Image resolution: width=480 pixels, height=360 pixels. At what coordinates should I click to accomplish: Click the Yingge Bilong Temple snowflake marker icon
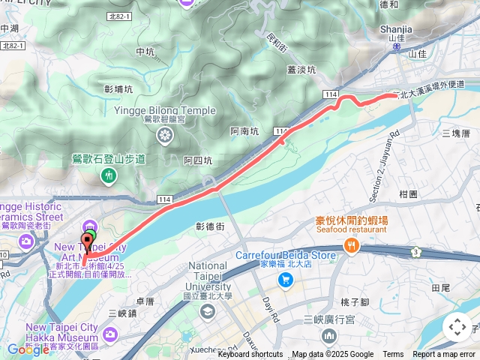[164, 135]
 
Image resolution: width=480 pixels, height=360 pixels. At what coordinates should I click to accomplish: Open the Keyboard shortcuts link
[250, 355]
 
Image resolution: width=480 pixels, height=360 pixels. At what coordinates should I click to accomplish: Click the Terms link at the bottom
[393, 355]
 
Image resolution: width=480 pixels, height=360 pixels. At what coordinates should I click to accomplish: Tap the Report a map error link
[445, 355]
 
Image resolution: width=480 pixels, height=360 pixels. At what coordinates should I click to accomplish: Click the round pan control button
[457, 327]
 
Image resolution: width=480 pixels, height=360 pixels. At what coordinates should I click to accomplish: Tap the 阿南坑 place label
[244, 131]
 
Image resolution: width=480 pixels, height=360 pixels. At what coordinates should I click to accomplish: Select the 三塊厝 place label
[455, 133]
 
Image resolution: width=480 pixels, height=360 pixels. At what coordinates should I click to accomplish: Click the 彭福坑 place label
[118, 88]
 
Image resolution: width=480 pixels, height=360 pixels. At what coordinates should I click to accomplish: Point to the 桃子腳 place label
[355, 302]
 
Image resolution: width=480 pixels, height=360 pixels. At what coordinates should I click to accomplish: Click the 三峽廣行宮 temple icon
[328, 335]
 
